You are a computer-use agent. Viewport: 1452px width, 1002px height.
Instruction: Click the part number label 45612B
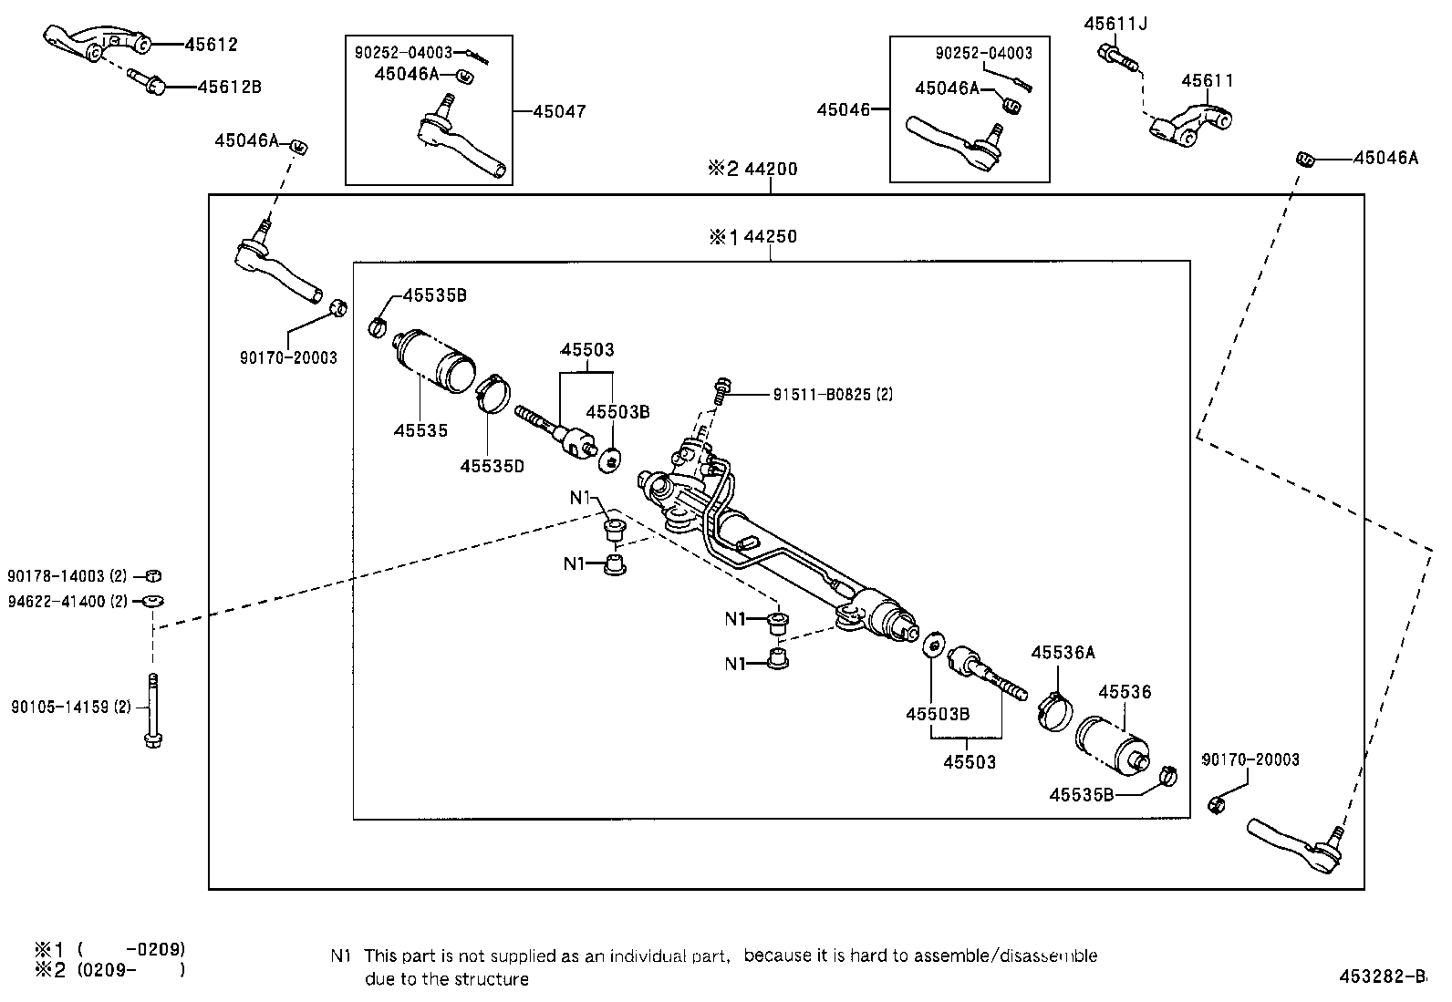point(229,88)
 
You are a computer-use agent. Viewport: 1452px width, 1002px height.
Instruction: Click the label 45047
point(559,111)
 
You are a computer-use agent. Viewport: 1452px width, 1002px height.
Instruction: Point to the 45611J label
point(1115,24)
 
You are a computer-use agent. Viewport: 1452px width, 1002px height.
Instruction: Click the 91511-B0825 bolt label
point(832,395)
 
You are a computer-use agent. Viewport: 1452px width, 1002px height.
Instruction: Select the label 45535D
point(492,466)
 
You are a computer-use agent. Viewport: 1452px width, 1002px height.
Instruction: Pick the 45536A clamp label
point(1063,653)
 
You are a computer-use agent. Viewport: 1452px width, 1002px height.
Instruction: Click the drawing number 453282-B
point(1381,976)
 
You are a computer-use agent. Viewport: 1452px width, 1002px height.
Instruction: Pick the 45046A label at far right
point(1385,158)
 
